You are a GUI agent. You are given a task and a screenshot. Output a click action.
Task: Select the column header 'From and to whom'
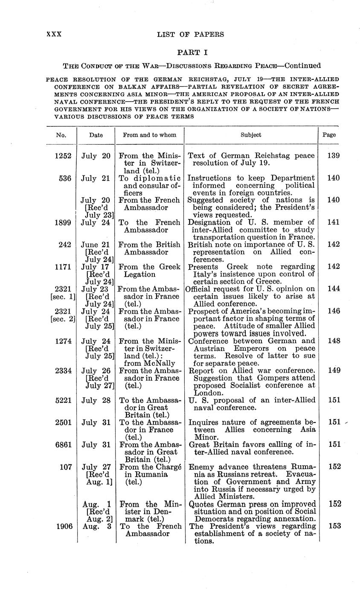pyautogui.click(x=149, y=135)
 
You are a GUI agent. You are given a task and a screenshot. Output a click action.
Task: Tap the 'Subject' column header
pyautogui.click(x=251, y=135)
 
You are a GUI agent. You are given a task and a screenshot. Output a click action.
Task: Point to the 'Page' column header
pyautogui.click(x=329, y=135)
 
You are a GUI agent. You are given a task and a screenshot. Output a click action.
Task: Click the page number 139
pyautogui.click(x=333, y=156)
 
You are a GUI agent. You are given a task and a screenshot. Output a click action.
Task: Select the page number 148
pyautogui.click(x=333, y=341)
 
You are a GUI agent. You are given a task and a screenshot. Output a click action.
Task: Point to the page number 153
pyautogui.click(x=333, y=526)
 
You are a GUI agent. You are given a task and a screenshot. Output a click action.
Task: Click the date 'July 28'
pyautogui.click(x=96, y=400)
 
